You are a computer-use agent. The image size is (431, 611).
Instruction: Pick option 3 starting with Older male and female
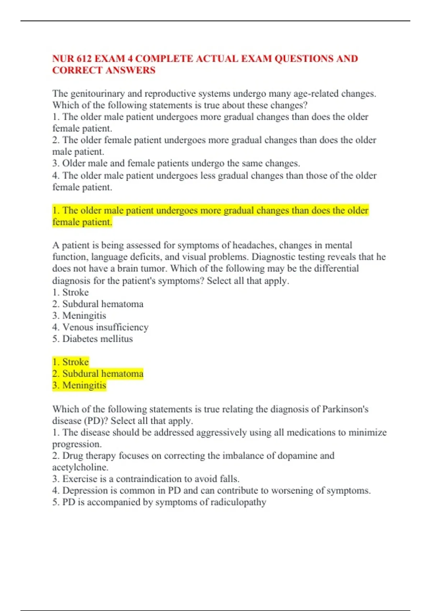click(x=176, y=163)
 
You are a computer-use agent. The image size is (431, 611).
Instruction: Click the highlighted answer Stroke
click(x=75, y=362)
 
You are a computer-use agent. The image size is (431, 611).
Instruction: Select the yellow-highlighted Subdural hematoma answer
click(x=103, y=374)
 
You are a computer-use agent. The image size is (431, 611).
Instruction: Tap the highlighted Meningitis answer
click(x=84, y=385)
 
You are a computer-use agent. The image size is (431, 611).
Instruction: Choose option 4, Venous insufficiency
click(x=105, y=327)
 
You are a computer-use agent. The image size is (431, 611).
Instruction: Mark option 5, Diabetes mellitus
click(x=97, y=339)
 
